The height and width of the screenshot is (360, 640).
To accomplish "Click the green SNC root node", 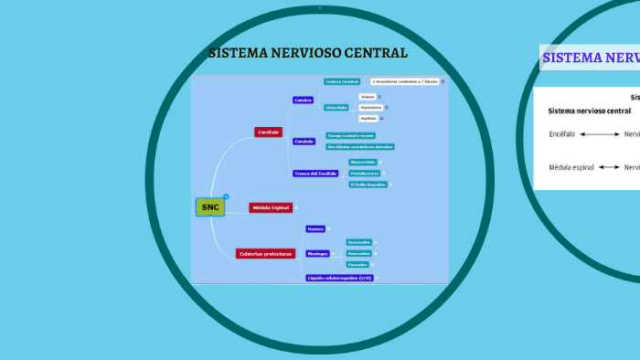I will [210, 207].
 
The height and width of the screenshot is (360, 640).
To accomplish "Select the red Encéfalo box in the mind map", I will [268, 132].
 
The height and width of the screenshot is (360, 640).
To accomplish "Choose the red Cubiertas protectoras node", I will [265, 253].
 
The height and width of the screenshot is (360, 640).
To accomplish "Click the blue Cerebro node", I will [304, 100].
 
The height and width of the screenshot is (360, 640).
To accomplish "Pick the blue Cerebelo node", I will [304, 142].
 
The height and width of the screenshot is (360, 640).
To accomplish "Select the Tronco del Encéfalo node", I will [315, 174].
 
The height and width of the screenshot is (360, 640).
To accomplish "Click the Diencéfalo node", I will [336, 107].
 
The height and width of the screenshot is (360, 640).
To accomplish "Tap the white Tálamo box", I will [367, 96].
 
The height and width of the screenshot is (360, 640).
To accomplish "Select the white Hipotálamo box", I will [369, 107].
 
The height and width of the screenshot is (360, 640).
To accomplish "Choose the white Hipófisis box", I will [368, 118].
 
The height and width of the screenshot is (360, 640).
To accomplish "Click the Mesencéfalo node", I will [363, 162].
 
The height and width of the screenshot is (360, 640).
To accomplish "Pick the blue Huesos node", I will [315, 228].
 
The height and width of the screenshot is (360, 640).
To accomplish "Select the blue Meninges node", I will [317, 253].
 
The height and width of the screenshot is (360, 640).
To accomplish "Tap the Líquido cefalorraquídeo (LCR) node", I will [338, 277].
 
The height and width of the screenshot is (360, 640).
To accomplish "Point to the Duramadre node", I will [358, 242].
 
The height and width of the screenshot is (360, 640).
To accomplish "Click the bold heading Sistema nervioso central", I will [589, 111].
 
